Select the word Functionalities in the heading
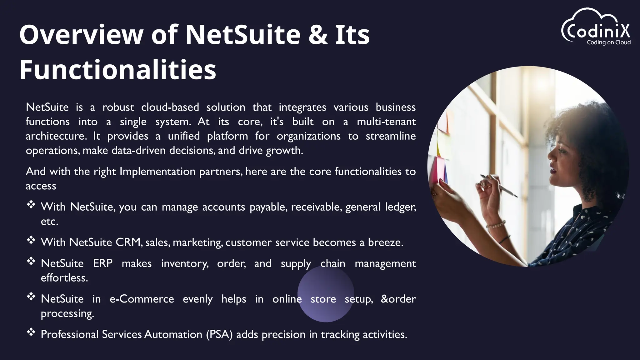118,69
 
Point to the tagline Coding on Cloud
608,42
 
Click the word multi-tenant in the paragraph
386,122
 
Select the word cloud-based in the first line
170,107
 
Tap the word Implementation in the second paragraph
157,172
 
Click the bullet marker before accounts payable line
31,205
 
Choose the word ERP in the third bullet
103,263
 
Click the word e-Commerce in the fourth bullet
142,299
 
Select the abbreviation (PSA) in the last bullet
219,335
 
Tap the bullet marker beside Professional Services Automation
31,332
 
